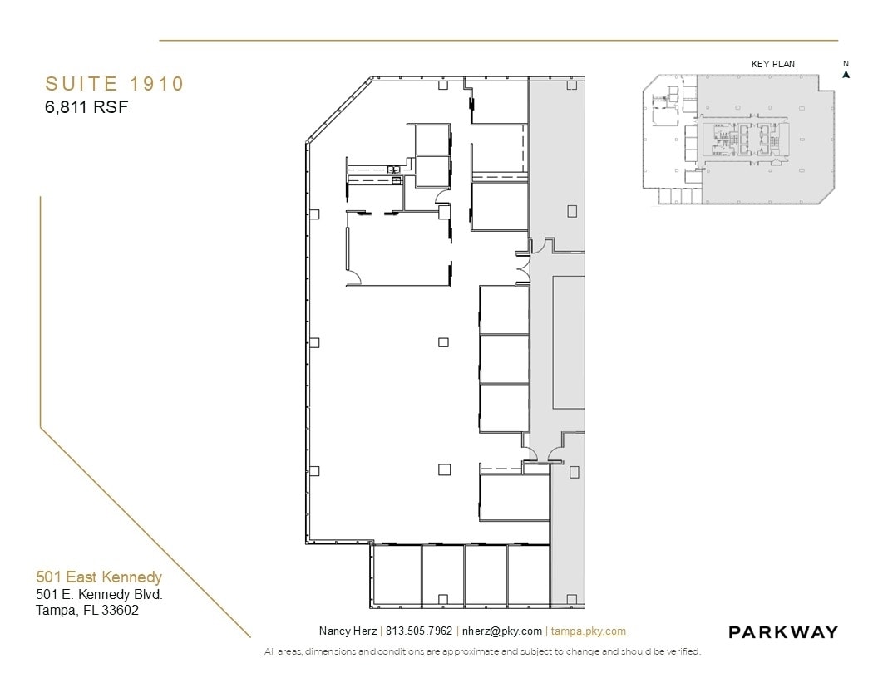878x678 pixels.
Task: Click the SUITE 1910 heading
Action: coord(114,84)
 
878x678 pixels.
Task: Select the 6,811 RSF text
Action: coord(86,106)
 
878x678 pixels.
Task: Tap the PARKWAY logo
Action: coord(783,632)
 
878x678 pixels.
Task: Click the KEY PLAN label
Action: coord(772,64)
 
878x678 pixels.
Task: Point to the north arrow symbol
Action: coord(846,74)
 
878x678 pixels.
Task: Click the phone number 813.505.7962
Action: coord(419,631)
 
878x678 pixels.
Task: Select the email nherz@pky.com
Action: coord(502,631)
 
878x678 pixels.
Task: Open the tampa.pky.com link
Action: coord(589,631)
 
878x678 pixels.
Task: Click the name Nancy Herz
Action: coord(347,631)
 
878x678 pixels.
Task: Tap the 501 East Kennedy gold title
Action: coord(99,577)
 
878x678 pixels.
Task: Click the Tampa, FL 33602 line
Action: coord(87,611)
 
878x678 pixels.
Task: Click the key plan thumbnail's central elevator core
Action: coord(741,140)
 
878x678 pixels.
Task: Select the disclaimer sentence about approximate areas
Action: coord(482,651)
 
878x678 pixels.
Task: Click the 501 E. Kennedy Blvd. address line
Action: coord(99,595)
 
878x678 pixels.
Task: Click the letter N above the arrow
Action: coord(846,64)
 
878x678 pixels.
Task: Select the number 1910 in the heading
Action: coord(156,84)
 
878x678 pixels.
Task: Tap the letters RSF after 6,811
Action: coord(112,106)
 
